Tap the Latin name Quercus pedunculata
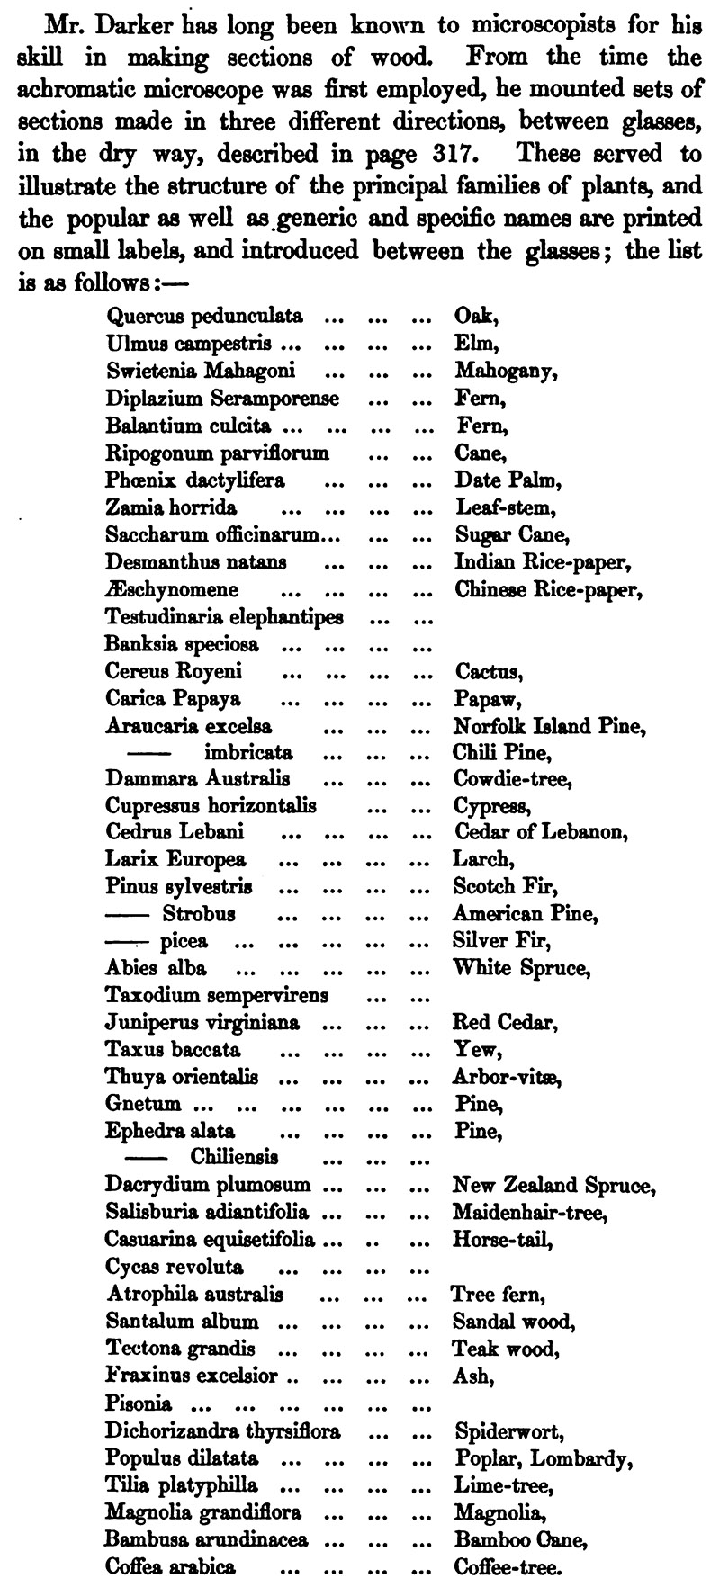coord(204,316)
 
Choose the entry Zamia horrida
coord(158,507)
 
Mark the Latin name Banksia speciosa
coord(181,644)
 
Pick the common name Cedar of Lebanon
coord(538,832)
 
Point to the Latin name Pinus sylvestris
coord(178,887)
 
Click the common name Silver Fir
coord(501,941)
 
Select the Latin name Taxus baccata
coord(172,1050)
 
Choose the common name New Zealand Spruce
coord(554,1185)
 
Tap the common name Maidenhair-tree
coord(530,1213)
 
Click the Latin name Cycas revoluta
coord(175,1267)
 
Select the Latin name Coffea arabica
coord(171,1565)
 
